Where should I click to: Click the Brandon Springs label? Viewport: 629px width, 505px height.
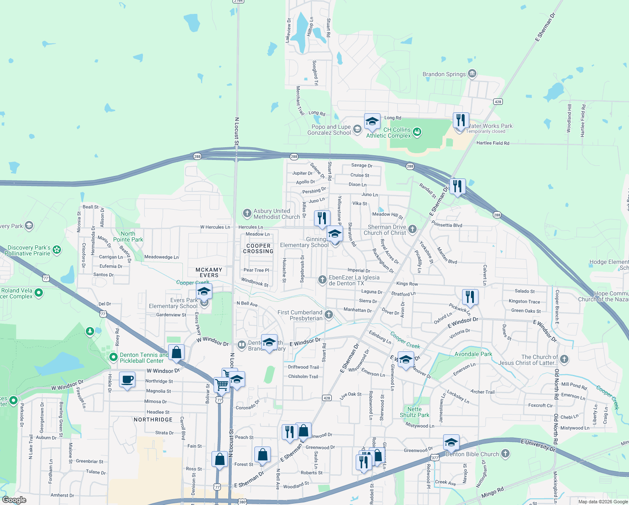pyautogui.click(x=444, y=74)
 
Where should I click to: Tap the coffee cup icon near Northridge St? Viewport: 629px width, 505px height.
pyautogui.click(x=127, y=380)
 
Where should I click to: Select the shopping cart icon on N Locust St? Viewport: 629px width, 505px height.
pyautogui.click(x=222, y=384)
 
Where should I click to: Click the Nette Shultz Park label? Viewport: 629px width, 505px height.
pyautogui.click(x=415, y=412)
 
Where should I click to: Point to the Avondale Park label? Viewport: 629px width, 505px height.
pyautogui.click(x=473, y=354)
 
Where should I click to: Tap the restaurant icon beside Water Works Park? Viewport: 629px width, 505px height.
pyautogui.click(x=461, y=121)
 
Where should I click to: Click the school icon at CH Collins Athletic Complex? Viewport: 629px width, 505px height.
pyautogui.click(x=372, y=122)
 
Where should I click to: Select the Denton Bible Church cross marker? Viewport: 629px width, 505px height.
pyautogui.click(x=505, y=454)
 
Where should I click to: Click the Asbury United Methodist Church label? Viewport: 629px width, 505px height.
pyautogui.click(x=277, y=214)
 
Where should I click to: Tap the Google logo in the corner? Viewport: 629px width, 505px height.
pyautogui.click(x=14, y=500)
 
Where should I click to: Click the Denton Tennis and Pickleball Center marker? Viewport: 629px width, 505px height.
pyautogui.click(x=113, y=357)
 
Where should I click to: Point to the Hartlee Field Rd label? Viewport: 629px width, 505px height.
pyautogui.click(x=493, y=143)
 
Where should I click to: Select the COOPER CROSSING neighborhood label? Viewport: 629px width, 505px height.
pyautogui.click(x=258, y=248)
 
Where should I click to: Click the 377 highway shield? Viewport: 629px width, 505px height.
pyautogui.click(x=435, y=457)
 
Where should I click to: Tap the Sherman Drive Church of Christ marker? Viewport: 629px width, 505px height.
pyautogui.click(x=412, y=229)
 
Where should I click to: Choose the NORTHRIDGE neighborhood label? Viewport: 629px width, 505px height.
pyautogui.click(x=153, y=420)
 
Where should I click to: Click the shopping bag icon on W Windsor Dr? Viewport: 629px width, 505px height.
pyautogui.click(x=176, y=353)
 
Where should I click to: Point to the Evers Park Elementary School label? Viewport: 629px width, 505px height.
pyautogui.click(x=173, y=303)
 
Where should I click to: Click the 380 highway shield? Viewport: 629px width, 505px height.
pyautogui.click(x=242, y=502)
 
